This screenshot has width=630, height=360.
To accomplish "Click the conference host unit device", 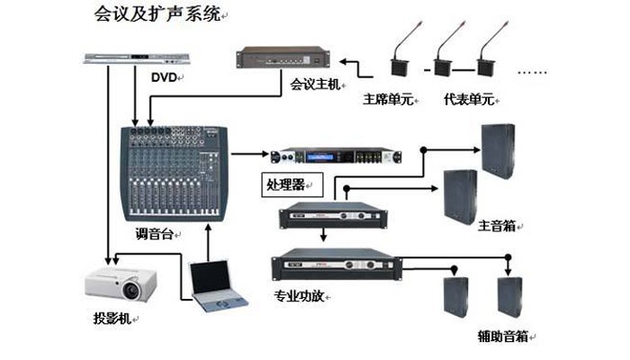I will (282, 56).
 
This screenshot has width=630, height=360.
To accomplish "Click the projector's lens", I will (132, 290).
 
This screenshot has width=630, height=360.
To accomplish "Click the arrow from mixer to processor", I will (247, 154).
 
